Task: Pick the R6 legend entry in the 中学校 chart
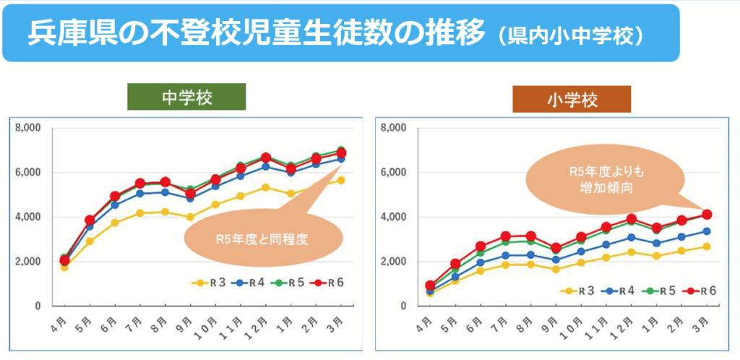tap(332, 283)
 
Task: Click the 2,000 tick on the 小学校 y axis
tap(395, 261)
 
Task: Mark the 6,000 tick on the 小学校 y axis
tap(395, 173)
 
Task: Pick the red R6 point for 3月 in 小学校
tap(707, 215)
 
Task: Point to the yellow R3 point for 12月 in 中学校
tap(266, 188)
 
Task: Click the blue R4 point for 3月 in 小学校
tap(707, 231)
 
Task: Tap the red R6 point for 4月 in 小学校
tap(430, 286)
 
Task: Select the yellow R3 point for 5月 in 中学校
tap(90, 241)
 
